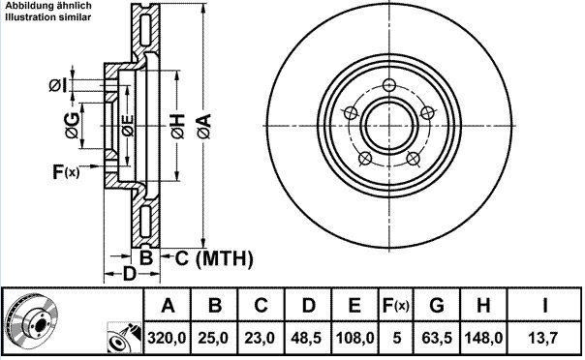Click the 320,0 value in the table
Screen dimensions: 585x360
[167, 338]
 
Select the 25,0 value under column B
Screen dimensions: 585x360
[213, 338]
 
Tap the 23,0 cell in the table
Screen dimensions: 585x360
[260, 338]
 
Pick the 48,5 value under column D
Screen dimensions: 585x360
[307, 338]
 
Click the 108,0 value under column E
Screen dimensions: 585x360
[354, 338]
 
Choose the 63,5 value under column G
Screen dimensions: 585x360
[437, 338]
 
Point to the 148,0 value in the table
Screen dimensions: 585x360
[483, 338]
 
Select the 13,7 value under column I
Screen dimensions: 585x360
[543, 338]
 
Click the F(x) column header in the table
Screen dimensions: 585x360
[396, 306]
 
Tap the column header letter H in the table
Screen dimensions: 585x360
[483, 306]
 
